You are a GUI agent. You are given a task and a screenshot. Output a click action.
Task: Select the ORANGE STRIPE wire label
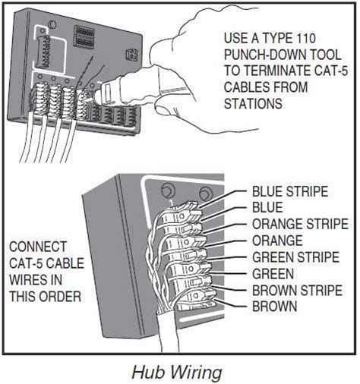click(x=296, y=224)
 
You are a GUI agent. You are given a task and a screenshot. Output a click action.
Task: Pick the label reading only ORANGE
click(x=276, y=240)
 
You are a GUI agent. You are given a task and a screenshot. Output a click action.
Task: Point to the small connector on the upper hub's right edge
click(x=132, y=54)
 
